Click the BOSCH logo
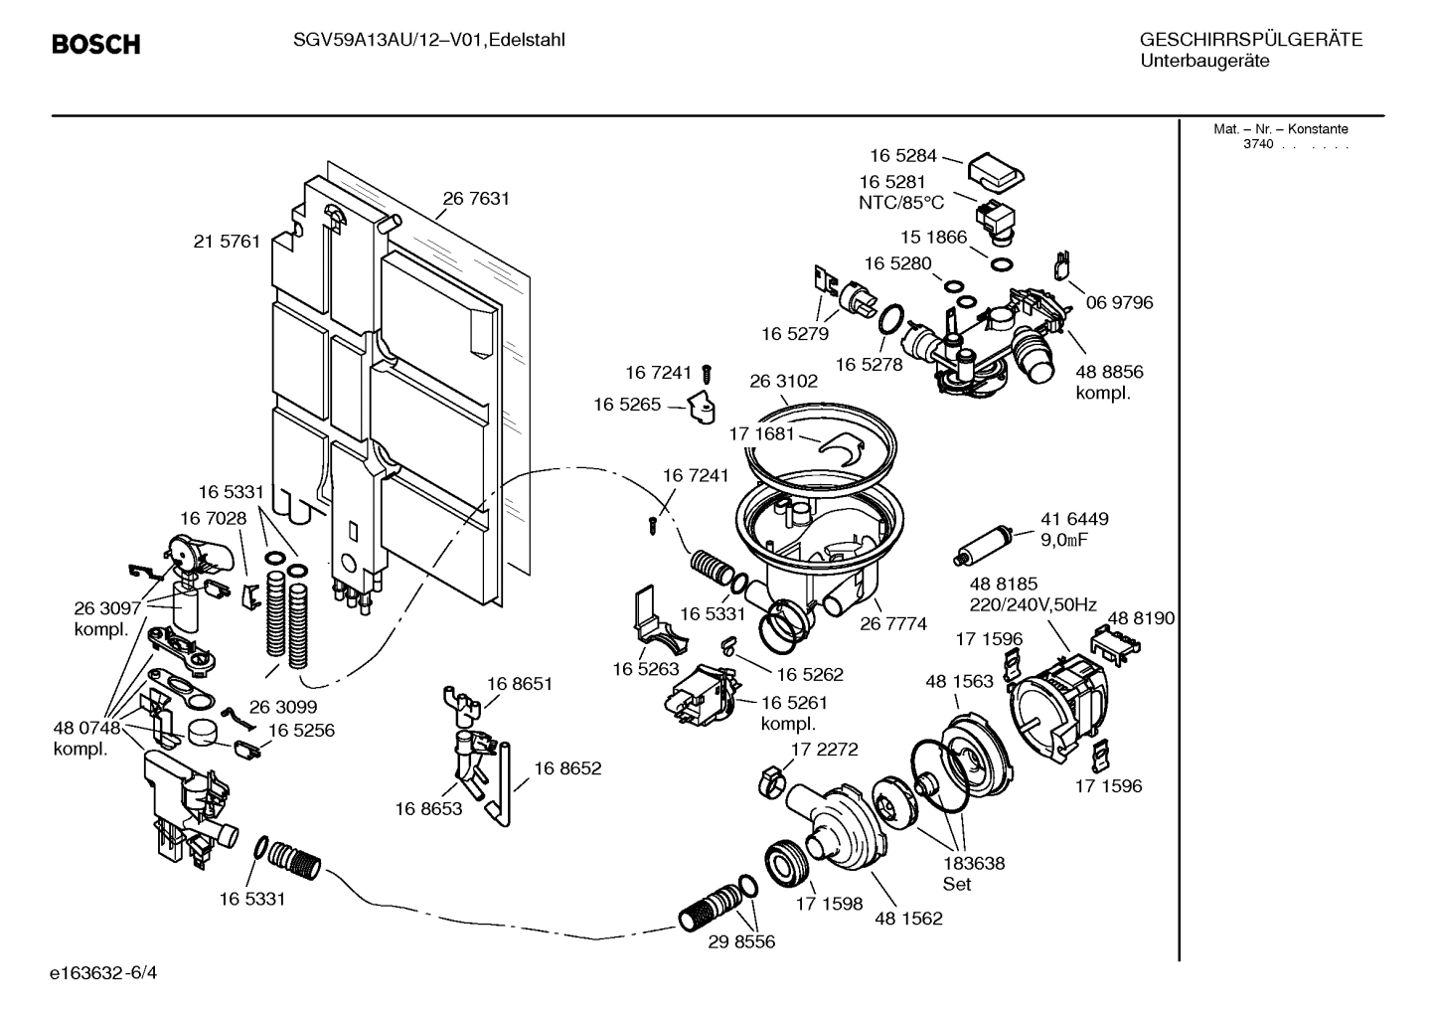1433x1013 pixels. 95,45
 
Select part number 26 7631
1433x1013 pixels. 476,199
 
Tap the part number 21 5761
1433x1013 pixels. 227,242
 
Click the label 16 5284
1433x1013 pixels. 903,155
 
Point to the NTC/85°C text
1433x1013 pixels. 901,203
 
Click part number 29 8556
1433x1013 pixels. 741,941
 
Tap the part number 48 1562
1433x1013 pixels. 908,919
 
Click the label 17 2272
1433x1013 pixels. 824,749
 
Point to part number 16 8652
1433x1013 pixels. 567,768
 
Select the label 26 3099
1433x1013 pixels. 282,707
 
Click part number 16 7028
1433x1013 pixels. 213,518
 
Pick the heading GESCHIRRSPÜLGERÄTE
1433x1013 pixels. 1250,41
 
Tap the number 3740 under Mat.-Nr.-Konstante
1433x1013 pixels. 1257,145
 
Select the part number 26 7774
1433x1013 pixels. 893,624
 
